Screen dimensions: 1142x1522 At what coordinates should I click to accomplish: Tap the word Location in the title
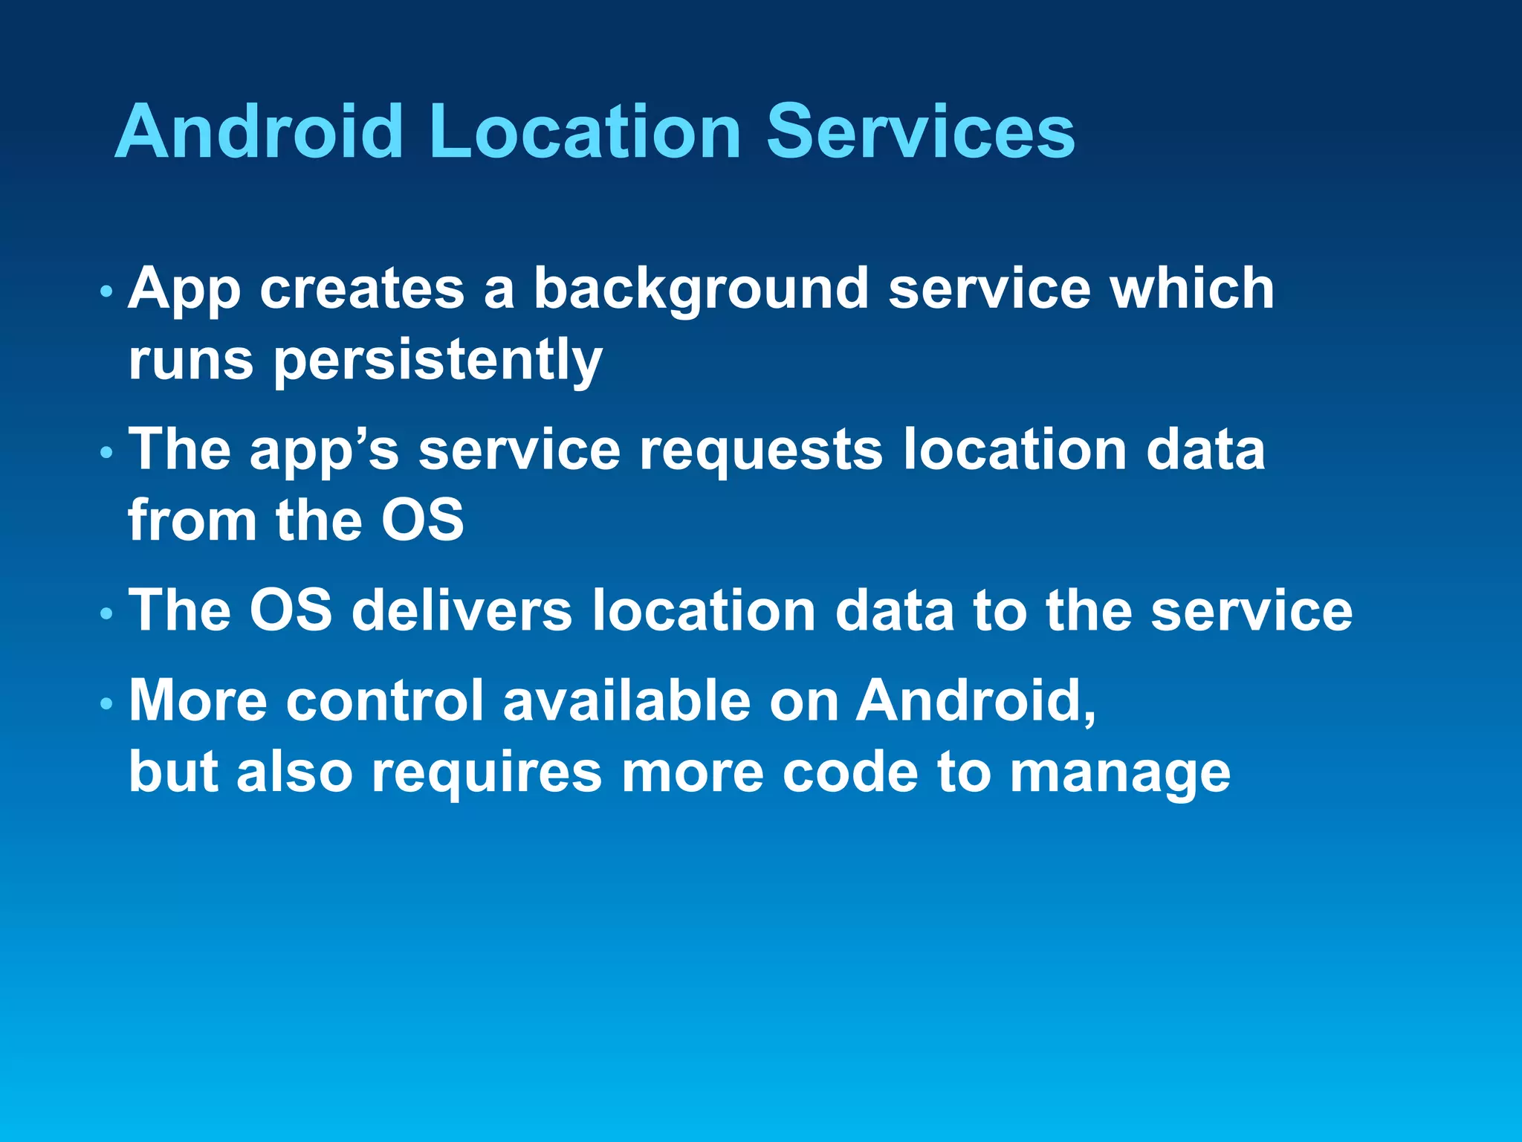coord(584,132)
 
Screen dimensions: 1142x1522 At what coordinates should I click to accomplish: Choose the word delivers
coord(462,611)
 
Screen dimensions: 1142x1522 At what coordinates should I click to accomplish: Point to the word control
coord(384,701)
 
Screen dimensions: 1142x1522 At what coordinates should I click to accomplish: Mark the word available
coord(626,701)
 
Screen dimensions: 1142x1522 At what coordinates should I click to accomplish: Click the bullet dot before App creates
coord(107,291)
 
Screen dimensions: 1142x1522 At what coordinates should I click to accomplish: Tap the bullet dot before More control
coord(107,703)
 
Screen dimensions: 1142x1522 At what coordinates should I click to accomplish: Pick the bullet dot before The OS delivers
coord(107,613)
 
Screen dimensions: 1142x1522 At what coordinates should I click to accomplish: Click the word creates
coord(361,290)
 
